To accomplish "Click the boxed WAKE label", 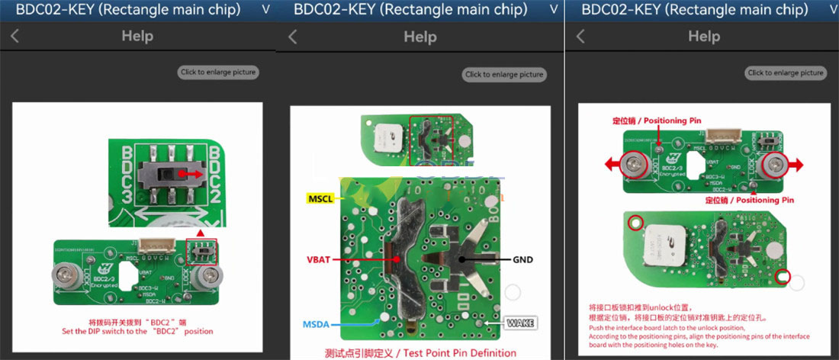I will coord(520,323).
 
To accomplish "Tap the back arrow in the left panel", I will coord(15,36).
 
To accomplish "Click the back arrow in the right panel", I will coord(580,36).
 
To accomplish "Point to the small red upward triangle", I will coord(201,230).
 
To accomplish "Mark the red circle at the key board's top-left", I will coord(635,223).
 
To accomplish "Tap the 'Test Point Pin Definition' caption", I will coord(410,352).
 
